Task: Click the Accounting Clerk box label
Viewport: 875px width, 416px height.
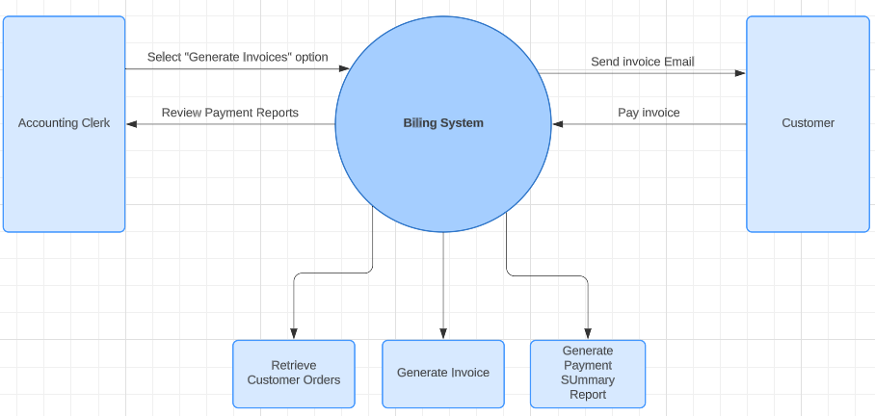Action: click(x=64, y=123)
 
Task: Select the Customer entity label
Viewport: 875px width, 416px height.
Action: click(x=808, y=123)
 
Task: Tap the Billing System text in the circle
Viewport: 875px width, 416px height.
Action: click(x=443, y=123)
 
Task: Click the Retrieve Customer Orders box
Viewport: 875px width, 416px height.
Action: click(x=293, y=373)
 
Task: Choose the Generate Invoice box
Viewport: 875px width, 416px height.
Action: click(x=443, y=373)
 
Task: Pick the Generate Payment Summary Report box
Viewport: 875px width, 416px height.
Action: click(x=588, y=373)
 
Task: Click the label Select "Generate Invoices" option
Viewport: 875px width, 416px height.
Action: click(x=237, y=58)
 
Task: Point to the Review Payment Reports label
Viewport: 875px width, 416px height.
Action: click(x=229, y=113)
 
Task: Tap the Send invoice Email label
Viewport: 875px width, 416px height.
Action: click(x=642, y=62)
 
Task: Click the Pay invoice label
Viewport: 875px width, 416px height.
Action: click(x=649, y=113)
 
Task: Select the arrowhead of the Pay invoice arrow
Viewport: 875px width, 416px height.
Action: click(x=558, y=124)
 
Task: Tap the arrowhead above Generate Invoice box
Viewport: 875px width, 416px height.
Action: click(x=443, y=333)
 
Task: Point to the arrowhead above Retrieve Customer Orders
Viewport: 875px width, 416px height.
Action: click(x=293, y=333)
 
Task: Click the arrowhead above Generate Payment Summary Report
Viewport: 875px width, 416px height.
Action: click(x=588, y=333)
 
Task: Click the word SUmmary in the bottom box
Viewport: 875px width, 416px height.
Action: click(x=588, y=380)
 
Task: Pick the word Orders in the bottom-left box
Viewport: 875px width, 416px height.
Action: click(x=322, y=379)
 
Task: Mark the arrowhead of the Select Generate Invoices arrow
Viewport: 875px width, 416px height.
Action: click(x=343, y=68)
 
